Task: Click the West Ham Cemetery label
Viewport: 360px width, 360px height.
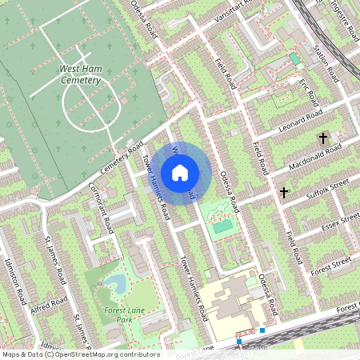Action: (80, 74)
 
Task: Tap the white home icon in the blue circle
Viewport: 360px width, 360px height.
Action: (180, 172)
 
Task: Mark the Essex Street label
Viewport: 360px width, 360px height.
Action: (336, 224)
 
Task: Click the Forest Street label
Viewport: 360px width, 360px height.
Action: (330, 262)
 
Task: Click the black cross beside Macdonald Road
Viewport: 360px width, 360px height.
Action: (323, 138)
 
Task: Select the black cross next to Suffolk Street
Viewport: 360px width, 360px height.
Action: (284, 192)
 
